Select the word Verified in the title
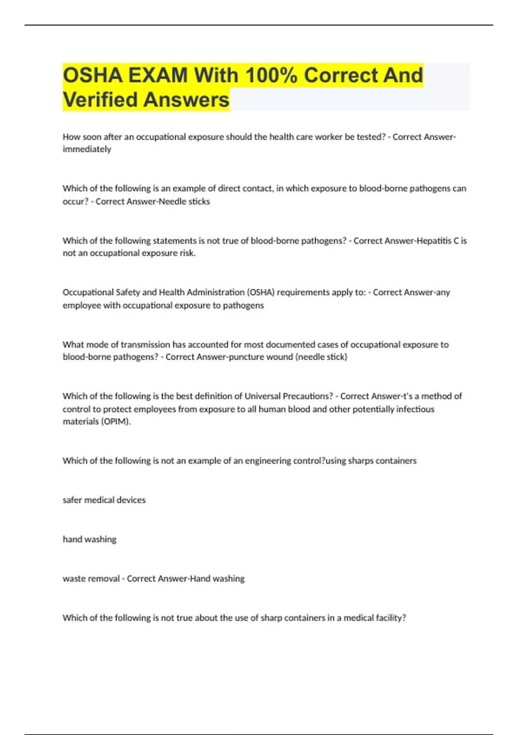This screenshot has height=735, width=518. coord(100,99)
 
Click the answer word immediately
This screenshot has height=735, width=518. coord(87,149)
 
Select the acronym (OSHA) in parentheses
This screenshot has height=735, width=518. coord(261,292)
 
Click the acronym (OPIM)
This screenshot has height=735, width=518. coord(116,422)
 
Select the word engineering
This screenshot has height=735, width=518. coord(268,461)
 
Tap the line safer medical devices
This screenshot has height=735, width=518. coord(104,500)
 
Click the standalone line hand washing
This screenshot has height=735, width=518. coord(89,540)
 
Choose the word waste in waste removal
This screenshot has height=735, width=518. coord(73,578)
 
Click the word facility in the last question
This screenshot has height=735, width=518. coord(390,618)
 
